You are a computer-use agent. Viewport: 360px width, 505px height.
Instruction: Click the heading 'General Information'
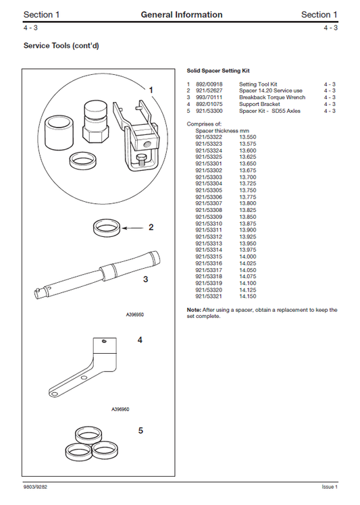tap(181, 14)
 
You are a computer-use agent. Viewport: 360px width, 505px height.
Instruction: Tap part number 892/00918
tap(209, 84)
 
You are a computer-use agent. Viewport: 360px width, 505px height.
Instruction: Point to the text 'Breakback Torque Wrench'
tap(272, 97)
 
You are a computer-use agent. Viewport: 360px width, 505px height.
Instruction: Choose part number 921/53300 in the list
tap(209, 111)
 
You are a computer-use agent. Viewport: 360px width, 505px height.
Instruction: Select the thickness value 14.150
tap(247, 296)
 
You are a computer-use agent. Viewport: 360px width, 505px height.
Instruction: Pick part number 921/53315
tap(209, 257)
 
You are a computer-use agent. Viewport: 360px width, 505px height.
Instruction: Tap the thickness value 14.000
tap(247, 257)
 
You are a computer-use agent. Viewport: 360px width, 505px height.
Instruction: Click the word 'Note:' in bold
tap(194, 309)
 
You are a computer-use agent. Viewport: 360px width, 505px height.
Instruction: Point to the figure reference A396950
tap(135, 314)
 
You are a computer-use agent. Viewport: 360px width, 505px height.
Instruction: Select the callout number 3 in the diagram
tap(145, 277)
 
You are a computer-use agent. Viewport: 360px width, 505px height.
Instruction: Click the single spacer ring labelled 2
tap(109, 228)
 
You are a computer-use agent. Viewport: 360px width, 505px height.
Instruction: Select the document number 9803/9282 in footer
tap(35, 487)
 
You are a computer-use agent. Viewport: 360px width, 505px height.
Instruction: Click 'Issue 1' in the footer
tap(329, 487)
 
